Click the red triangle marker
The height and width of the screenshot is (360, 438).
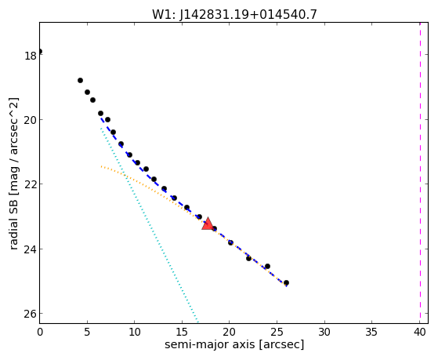tap(208, 224)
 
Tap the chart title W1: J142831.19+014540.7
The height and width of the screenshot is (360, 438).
tap(234, 14)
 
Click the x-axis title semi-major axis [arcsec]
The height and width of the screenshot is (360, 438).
tap(234, 344)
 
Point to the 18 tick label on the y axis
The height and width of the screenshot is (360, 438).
tap(31, 56)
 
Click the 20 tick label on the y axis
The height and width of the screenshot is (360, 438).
tap(31, 121)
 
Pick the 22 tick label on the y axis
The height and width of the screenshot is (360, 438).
tap(31, 185)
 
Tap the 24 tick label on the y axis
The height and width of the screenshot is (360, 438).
tap(31, 249)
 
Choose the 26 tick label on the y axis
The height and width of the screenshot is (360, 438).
tap(31, 315)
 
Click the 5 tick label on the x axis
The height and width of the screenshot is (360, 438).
tap(87, 333)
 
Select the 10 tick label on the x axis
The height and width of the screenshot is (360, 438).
tap(134, 333)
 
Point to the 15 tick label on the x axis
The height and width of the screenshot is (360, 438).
tap(182, 333)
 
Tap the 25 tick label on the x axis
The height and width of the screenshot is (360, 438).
tap(277, 333)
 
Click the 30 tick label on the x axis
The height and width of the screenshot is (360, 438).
tap(324, 333)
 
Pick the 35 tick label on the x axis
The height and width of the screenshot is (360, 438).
tap(372, 333)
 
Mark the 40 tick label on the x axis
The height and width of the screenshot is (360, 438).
tap(419, 333)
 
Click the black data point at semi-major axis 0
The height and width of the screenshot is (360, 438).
tap(40, 51)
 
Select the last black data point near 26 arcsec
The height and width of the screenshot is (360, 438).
tap(286, 283)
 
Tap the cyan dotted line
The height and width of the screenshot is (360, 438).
tap(150, 224)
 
